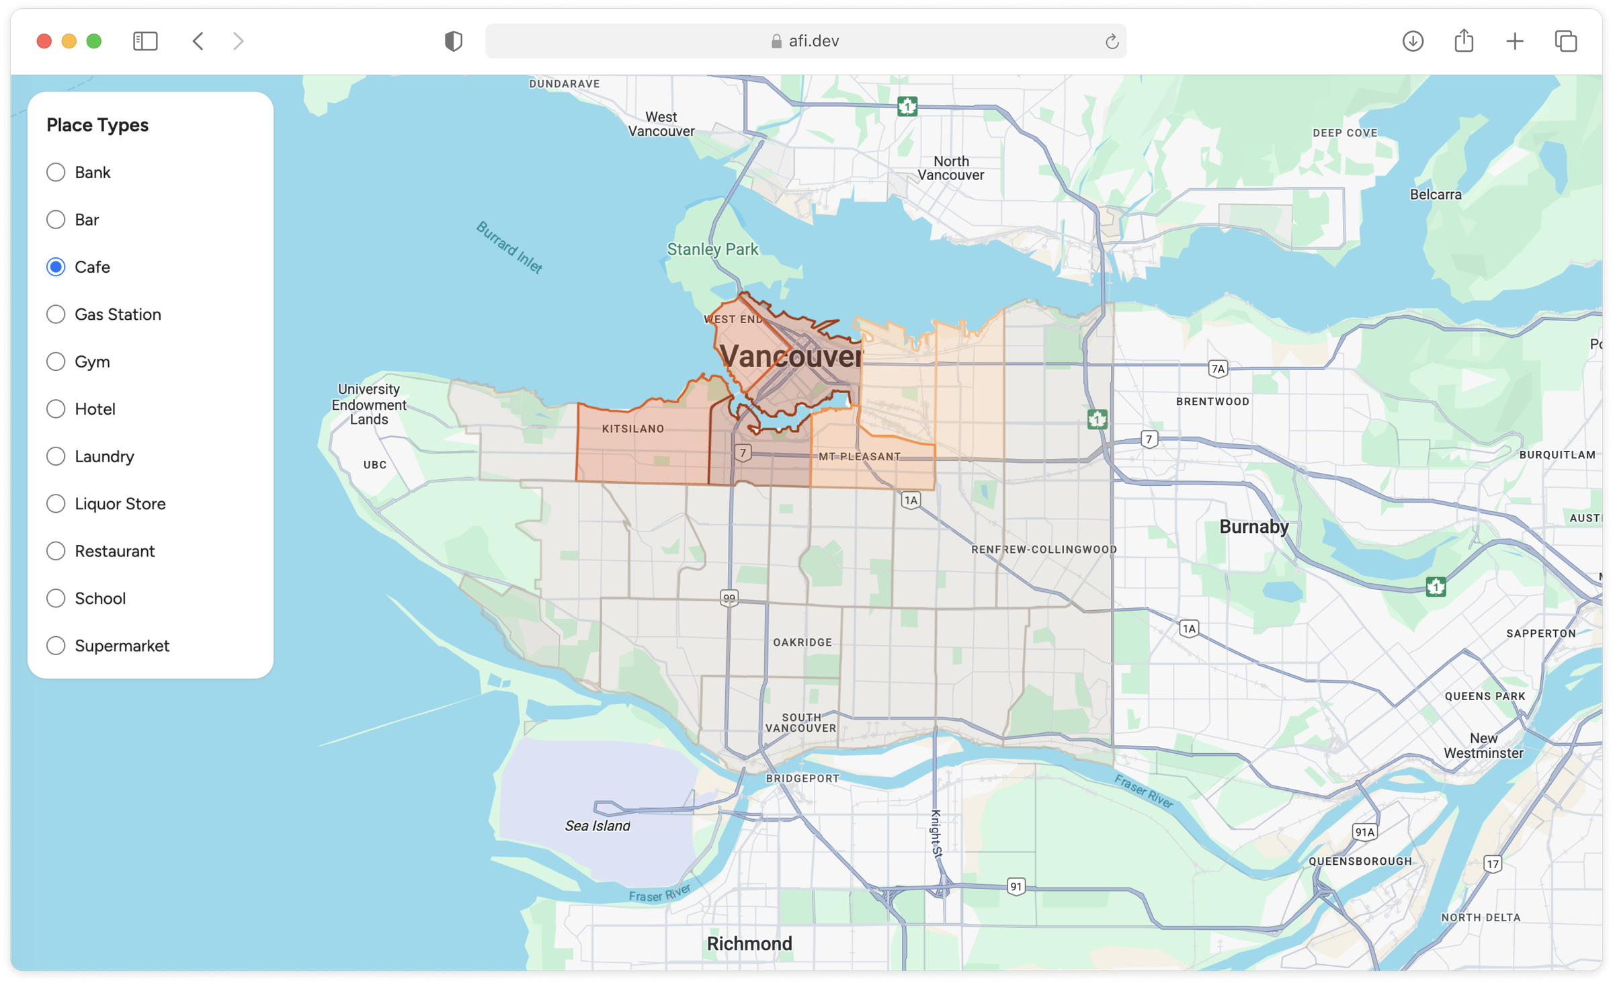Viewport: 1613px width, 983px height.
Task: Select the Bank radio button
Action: [56, 173]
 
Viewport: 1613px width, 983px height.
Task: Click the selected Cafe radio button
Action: [56, 267]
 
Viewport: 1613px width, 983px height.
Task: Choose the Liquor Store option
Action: [56, 504]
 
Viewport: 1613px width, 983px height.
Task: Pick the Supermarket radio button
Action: [56, 646]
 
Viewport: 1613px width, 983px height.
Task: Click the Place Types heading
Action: [97, 125]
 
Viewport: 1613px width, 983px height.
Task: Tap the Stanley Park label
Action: [712, 249]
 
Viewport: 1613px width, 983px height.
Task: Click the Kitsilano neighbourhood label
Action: [632, 429]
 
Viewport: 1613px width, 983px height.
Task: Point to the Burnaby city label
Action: [1253, 527]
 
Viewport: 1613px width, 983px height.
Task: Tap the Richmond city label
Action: [749, 943]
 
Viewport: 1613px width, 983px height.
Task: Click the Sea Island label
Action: [597, 826]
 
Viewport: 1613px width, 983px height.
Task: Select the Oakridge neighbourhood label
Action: [802, 642]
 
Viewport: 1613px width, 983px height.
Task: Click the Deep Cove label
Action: [1345, 133]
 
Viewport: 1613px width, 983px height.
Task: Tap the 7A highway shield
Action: [1218, 369]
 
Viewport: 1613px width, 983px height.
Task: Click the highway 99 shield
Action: [729, 597]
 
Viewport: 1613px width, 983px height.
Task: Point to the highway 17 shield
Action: [1493, 864]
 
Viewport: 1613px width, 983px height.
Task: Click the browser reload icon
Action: [1112, 42]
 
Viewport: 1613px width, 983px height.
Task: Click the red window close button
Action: [44, 42]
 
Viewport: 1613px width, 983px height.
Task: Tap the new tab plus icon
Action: [1515, 42]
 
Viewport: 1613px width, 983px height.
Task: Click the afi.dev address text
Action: [813, 42]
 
